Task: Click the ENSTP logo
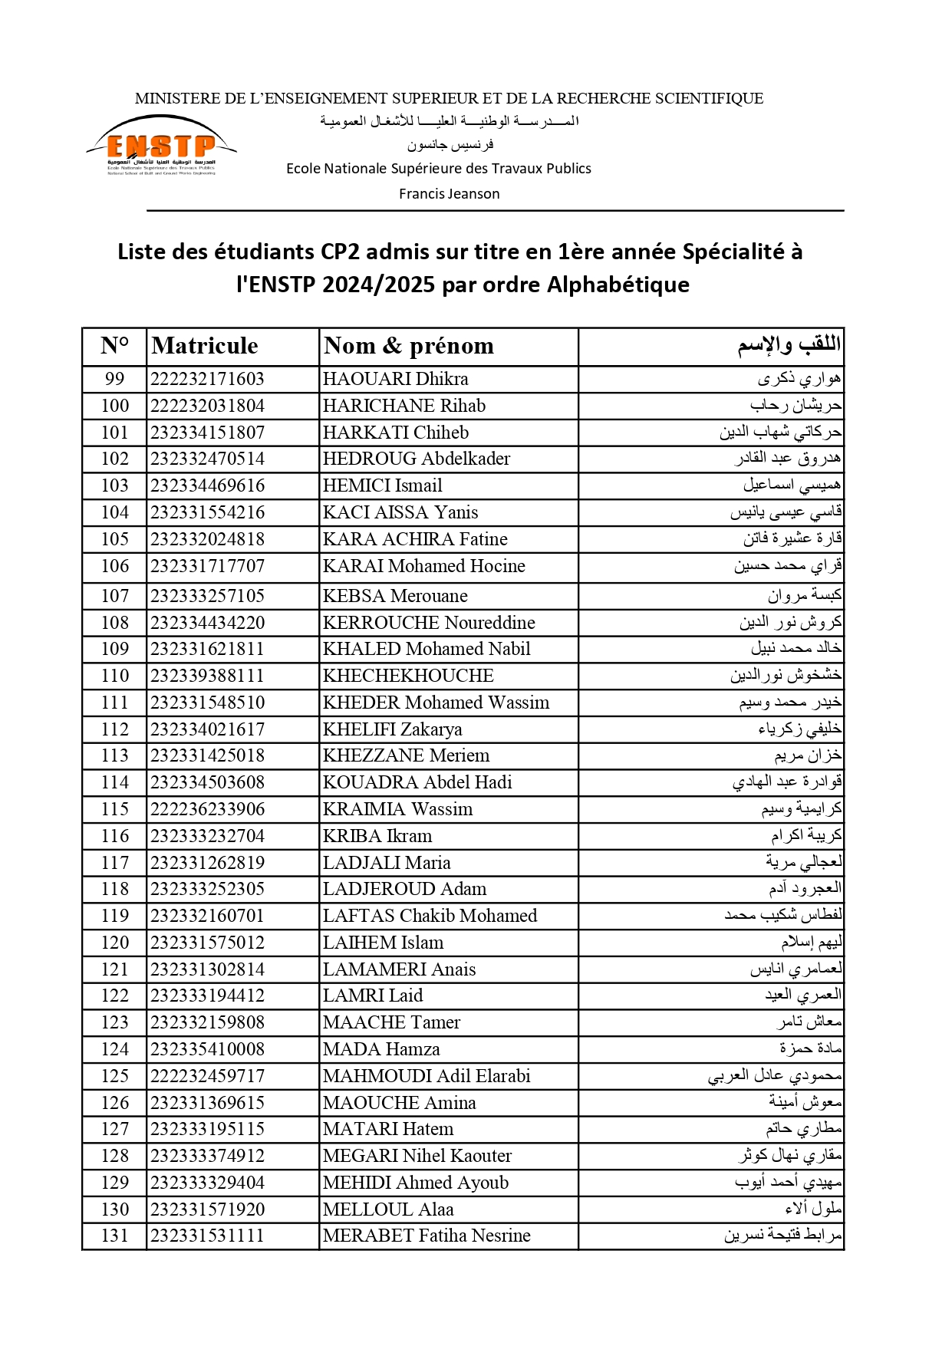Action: tap(161, 146)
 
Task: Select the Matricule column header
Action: tap(205, 346)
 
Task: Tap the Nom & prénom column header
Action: tap(408, 346)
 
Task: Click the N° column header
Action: tap(114, 346)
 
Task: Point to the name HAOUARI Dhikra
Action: tap(395, 379)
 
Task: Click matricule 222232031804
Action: tap(207, 406)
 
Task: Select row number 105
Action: tap(114, 539)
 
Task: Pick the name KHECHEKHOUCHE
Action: tap(408, 676)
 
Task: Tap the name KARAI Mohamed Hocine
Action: tap(423, 566)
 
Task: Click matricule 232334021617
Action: tap(207, 729)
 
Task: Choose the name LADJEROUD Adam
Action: tap(404, 889)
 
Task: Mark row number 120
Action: tap(114, 943)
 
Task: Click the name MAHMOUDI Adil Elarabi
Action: tap(427, 1076)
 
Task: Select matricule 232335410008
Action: tap(207, 1049)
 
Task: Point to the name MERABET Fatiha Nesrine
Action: tap(427, 1236)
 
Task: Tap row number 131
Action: tap(114, 1236)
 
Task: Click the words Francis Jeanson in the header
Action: tap(449, 194)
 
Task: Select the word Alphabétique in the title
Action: tap(618, 285)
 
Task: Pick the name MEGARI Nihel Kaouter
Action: tap(417, 1156)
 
